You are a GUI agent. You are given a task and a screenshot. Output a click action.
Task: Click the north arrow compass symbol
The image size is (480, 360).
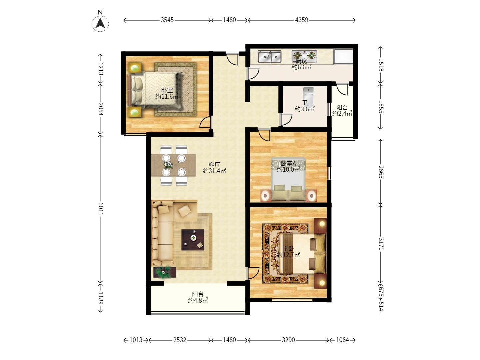(x=100, y=23)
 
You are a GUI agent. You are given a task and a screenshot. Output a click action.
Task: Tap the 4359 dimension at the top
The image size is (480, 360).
(x=301, y=20)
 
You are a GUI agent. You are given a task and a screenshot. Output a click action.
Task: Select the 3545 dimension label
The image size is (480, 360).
(x=167, y=20)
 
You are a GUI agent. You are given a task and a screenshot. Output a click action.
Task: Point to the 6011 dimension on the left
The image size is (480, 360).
(x=101, y=209)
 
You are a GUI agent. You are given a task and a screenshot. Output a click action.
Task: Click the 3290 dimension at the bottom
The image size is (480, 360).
(x=288, y=340)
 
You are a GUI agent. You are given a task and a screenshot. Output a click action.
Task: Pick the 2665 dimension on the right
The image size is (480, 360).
(x=381, y=172)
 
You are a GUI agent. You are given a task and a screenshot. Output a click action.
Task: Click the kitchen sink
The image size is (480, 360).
(x=270, y=57)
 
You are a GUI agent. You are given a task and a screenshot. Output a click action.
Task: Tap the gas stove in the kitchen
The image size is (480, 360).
(x=304, y=55)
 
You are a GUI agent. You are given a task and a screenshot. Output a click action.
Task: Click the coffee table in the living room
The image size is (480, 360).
(x=193, y=240)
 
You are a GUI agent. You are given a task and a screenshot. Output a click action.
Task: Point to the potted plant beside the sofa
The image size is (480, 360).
(x=164, y=272)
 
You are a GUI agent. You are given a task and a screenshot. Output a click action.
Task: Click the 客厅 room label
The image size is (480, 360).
(x=214, y=165)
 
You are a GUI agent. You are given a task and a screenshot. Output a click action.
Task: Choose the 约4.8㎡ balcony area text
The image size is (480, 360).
(x=198, y=301)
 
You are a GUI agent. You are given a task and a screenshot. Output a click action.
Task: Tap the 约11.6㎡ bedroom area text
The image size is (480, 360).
(x=167, y=97)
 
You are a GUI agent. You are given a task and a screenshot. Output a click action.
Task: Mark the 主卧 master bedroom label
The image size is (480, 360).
(x=288, y=249)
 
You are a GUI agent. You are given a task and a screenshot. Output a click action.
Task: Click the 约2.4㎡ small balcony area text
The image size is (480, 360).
(x=342, y=114)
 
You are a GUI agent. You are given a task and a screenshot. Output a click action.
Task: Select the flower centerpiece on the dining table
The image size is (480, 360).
(x=168, y=165)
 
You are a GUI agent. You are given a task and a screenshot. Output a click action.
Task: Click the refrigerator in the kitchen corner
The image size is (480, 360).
(x=343, y=56)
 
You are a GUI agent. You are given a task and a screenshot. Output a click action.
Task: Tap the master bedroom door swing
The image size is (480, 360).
(x=253, y=273)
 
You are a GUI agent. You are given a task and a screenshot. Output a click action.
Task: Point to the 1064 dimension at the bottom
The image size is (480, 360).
(x=342, y=340)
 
